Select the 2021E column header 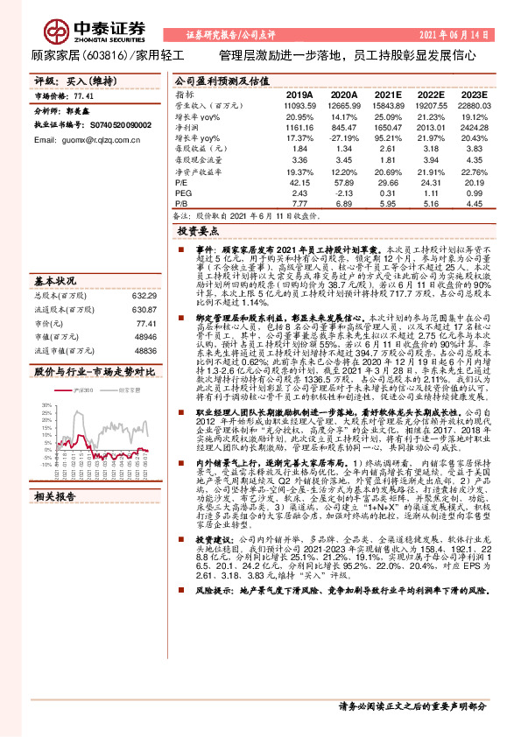387,95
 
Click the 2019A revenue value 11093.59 299,105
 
